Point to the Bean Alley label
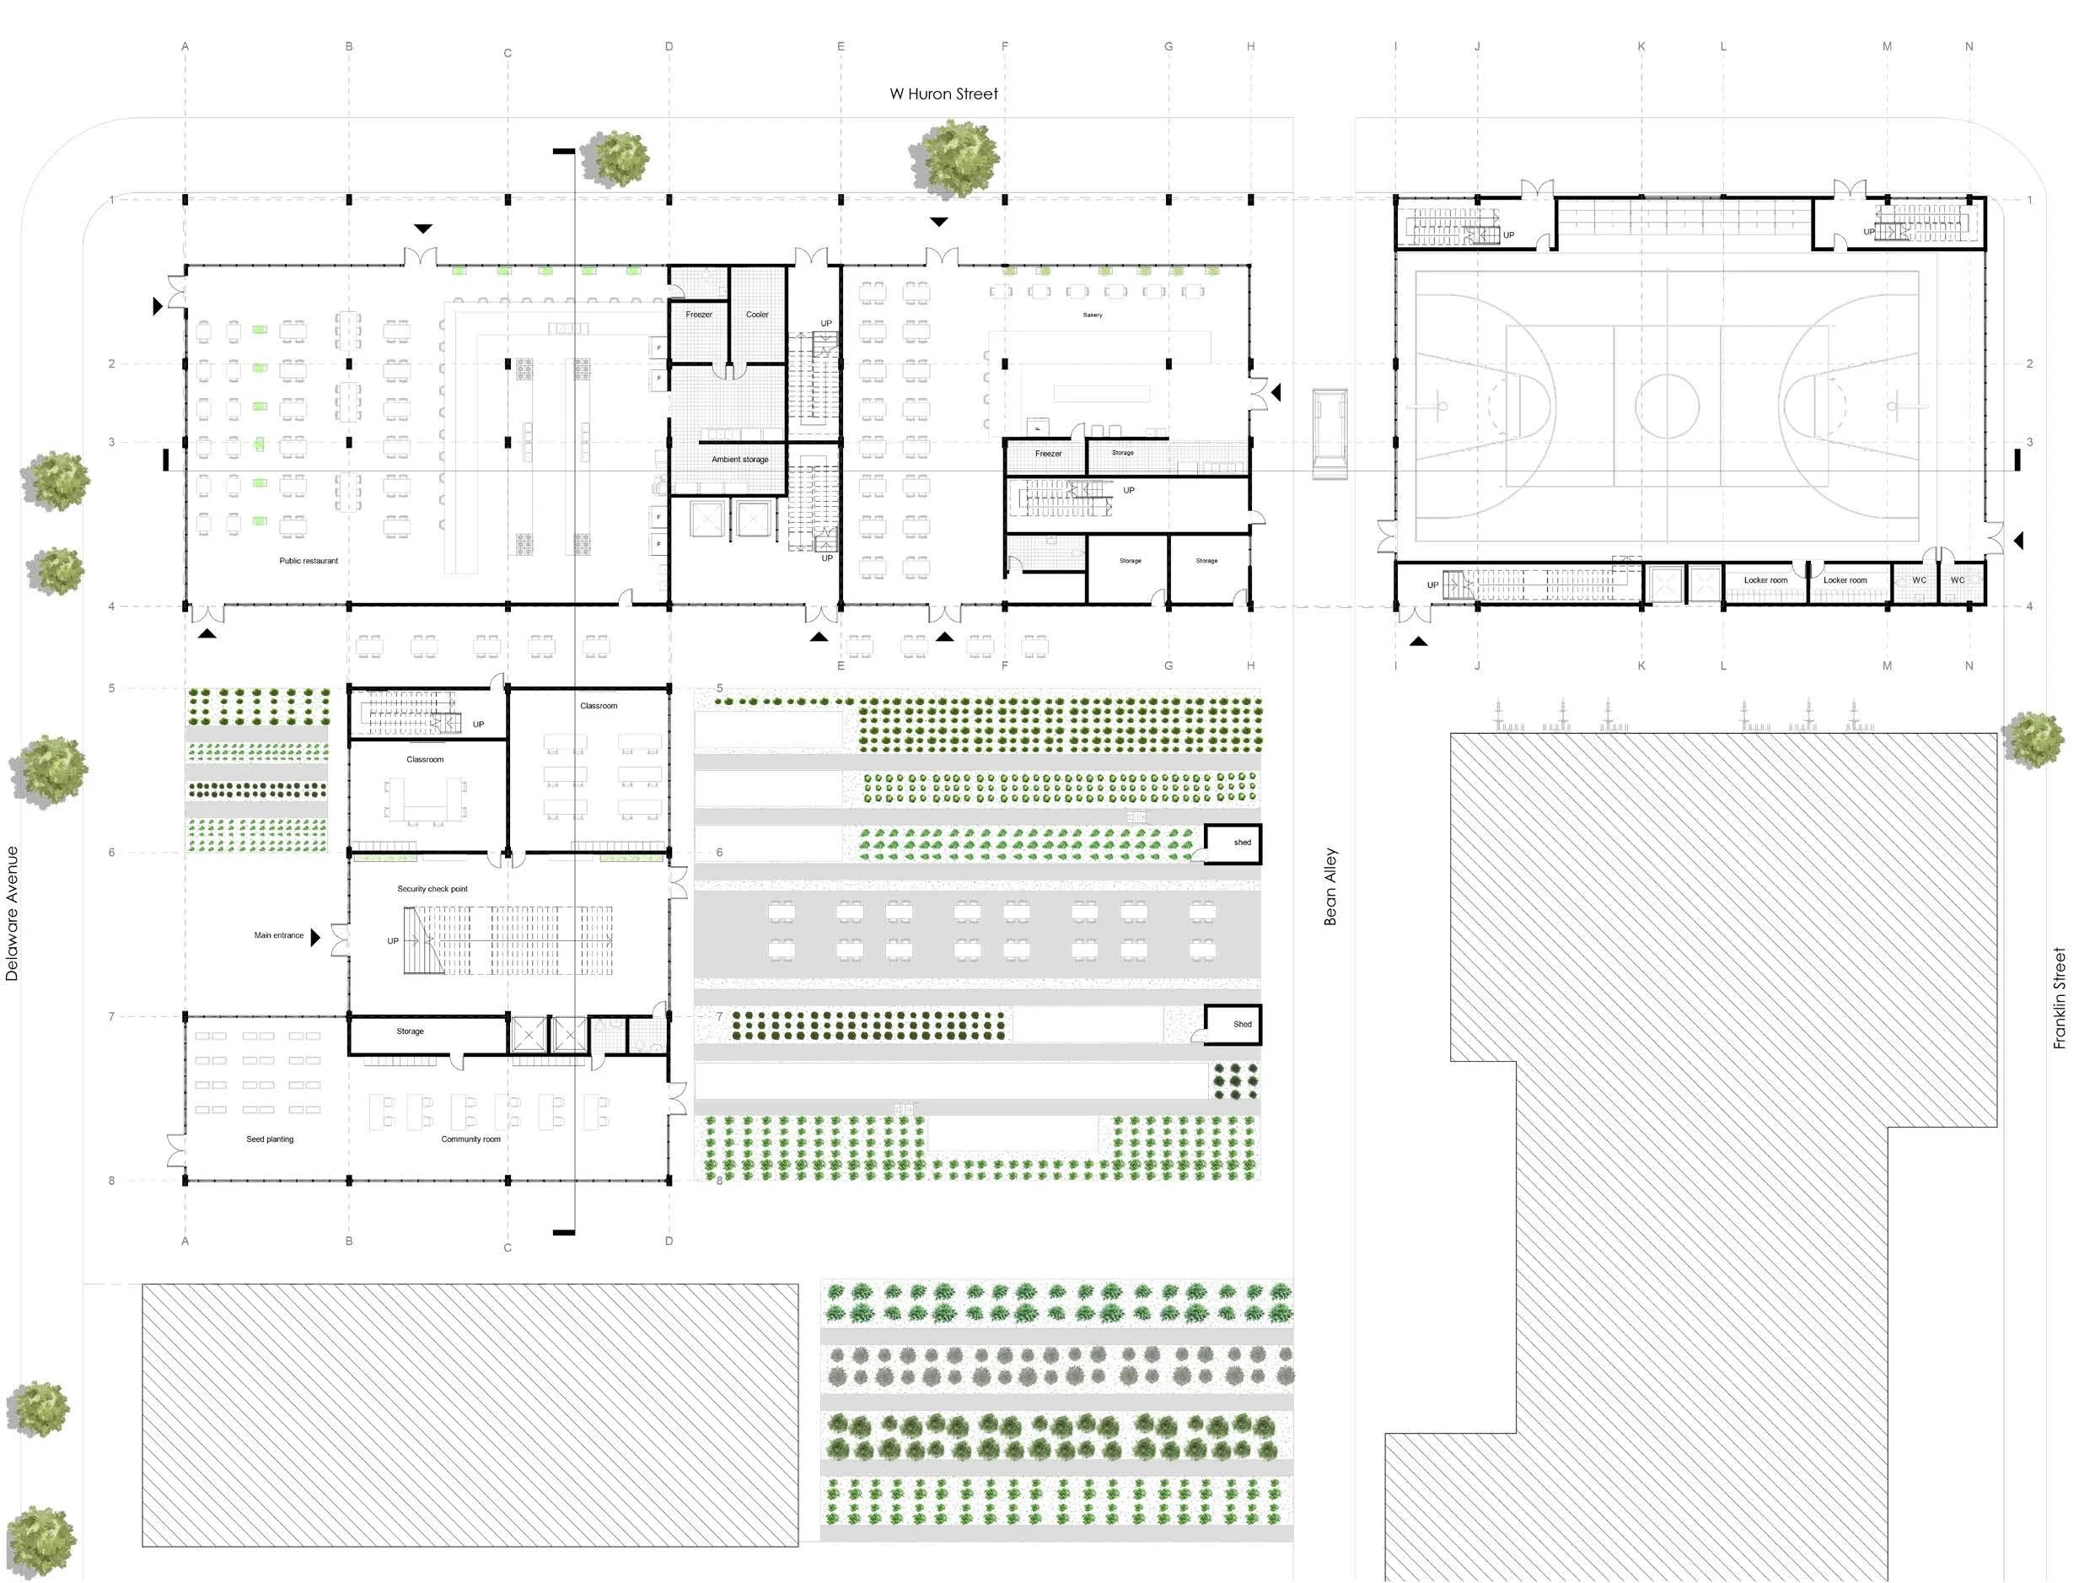tap(1330, 886)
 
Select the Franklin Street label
tap(2060, 999)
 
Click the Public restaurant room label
tap(308, 562)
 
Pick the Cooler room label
tap(756, 315)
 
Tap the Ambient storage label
tap(739, 460)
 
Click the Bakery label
tap(1092, 315)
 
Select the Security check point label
tap(432, 890)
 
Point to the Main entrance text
tap(279, 935)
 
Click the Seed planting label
tap(270, 1139)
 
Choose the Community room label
tap(471, 1139)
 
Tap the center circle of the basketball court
tap(1667, 407)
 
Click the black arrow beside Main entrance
tap(315, 937)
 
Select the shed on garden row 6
tap(1233, 844)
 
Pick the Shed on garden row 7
tap(1233, 1024)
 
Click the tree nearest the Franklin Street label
tap(2032, 740)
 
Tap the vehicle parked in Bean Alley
tap(1330, 434)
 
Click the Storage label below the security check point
tap(410, 1031)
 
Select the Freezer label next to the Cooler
tap(698, 315)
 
